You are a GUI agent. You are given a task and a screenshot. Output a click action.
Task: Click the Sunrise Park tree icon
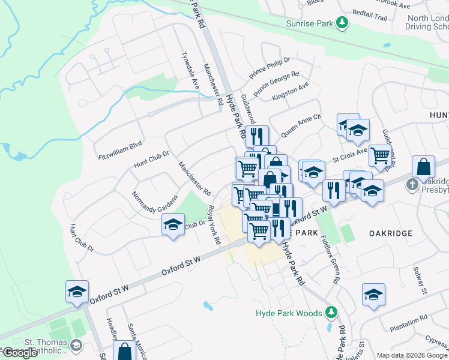click(342, 23)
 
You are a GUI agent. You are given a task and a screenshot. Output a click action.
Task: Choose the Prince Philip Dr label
click(270, 68)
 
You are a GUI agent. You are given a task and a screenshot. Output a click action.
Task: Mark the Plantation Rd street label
click(408, 317)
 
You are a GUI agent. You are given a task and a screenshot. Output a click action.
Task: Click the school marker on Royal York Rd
click(173, 226)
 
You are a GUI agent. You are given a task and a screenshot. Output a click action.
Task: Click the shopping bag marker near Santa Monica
click(124, 352)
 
